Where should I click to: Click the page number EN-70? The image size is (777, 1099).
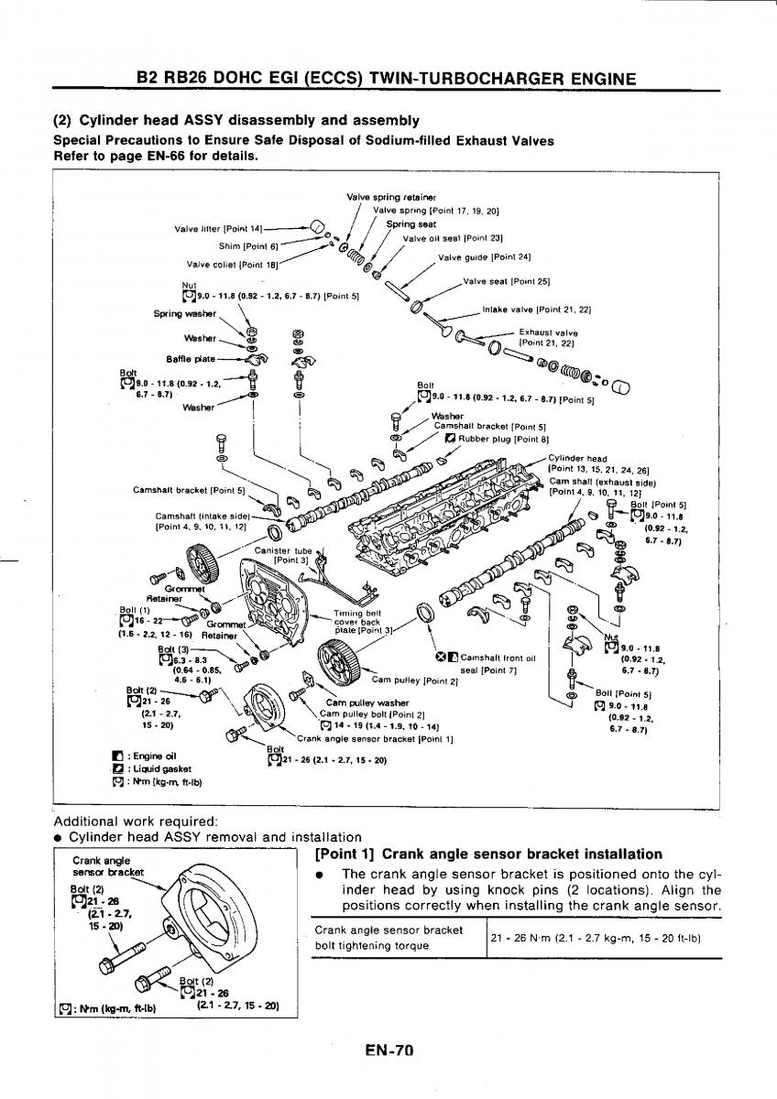click(x=389, y=1051)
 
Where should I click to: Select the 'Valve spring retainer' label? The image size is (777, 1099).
click(x=378, y=197)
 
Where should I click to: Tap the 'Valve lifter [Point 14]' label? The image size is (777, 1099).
click(x=218, y=228)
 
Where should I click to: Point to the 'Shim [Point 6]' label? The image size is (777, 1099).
click(x=247, y=245)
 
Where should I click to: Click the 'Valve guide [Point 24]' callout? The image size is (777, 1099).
click(x=485, y=256)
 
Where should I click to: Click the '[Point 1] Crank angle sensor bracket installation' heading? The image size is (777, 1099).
click(x=488, y=854)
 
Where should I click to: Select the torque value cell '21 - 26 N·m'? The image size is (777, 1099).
click(x=596, y=937)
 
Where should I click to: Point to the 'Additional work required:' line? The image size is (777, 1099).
click(x=136, y=821)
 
